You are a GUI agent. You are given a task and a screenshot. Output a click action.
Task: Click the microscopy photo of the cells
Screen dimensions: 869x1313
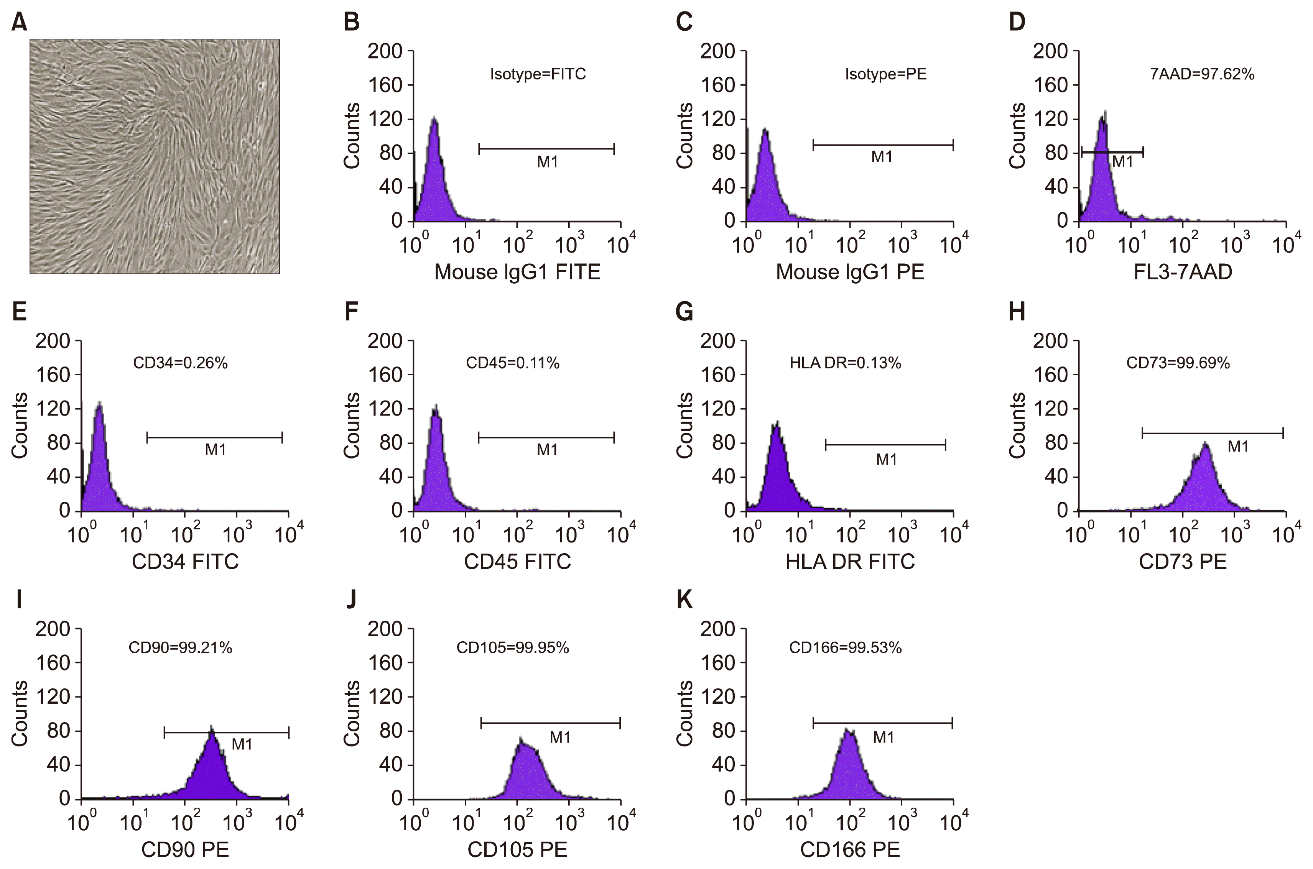point(154,156)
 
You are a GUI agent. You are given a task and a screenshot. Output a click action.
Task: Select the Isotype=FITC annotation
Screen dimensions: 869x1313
point(538,74)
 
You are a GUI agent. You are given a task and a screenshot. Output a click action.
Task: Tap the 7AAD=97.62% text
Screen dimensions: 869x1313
point(1201,74)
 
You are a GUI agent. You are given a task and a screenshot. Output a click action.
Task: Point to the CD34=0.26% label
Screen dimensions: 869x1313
point(180,363)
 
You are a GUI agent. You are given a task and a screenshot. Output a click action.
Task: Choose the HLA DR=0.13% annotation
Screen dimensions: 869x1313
point(845,363)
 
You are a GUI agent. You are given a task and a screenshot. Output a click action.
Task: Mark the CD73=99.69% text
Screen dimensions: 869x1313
point(1178,363)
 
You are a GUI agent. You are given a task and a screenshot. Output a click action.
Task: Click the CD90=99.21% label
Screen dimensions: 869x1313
point(180,647)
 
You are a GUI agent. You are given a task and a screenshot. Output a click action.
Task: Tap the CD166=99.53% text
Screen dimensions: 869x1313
point(845,647)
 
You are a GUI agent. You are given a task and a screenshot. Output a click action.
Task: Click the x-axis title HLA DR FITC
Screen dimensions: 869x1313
point(850,562)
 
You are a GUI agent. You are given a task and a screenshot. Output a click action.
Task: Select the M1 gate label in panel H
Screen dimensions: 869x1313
point(1237,447)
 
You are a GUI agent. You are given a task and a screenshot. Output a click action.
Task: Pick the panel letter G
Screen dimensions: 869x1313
point(684,312)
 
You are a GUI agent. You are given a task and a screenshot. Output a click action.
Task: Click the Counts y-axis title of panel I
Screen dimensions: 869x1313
point(20,714)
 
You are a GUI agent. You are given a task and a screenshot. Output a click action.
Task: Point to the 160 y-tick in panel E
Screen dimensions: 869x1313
point(53,375)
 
